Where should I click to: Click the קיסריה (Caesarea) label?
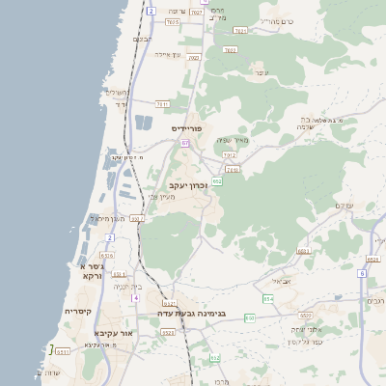coord(78,312)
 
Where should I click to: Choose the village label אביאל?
coord(281,281)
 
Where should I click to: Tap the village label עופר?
coord(261,72)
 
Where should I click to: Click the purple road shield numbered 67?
coord(185,142)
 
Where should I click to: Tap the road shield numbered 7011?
coord(162,103)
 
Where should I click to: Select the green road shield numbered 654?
coord(268,299)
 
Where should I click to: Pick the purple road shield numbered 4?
coord(135,298)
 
